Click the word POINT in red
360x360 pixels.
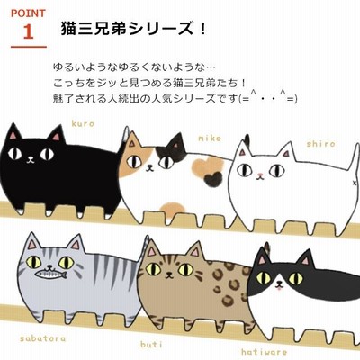coord(28,13)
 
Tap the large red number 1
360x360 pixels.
coord(28,31)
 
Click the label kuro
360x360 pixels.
coord(83,123)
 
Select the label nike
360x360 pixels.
coord(210,139)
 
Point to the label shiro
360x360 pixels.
coord(320,144)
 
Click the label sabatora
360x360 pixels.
coord(42,338)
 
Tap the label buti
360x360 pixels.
coord(151,344)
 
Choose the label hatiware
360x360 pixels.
coord(264,352)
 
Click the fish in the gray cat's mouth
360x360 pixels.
coord(50,274)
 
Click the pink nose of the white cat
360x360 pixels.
coord(260,175)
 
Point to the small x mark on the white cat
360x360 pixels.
coord(355,183)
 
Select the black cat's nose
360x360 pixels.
coord(31,157)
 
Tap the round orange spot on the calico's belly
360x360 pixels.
coord(172,209)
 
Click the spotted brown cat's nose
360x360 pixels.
coord(170,273)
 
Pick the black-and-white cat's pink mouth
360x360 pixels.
coord(280,288)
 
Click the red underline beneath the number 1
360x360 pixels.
coord(29,47)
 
